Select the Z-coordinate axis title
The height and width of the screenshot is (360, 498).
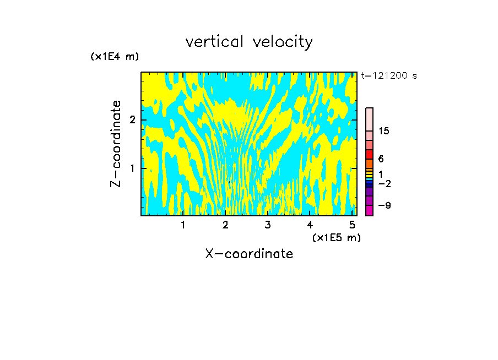(x=116, y=144)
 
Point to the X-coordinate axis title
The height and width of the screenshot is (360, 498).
(x=249, y=254)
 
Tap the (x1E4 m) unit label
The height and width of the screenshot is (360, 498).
(x=115, y=57)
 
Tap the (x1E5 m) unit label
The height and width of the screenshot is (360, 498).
(x=336, y=237)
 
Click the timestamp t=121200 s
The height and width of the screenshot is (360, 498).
(x=389, y=76)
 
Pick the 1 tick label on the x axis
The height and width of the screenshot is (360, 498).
(x=183, y=225)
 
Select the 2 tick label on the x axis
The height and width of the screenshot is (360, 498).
(x=225, y=225)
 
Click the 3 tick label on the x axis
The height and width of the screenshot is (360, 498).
(x=268, y=225)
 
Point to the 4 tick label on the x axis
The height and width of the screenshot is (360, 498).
(x=310, y=225)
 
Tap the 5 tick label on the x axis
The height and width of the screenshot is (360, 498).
(x=352, y=225)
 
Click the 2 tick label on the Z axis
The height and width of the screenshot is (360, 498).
(x=131, y=120)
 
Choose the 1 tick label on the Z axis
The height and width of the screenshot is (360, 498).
(x=131, y=168)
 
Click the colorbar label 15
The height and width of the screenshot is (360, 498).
(x=384, y=131)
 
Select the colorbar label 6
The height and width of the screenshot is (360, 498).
(x=381, y=159)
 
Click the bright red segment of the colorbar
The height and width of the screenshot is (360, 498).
(x=369, y=154)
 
